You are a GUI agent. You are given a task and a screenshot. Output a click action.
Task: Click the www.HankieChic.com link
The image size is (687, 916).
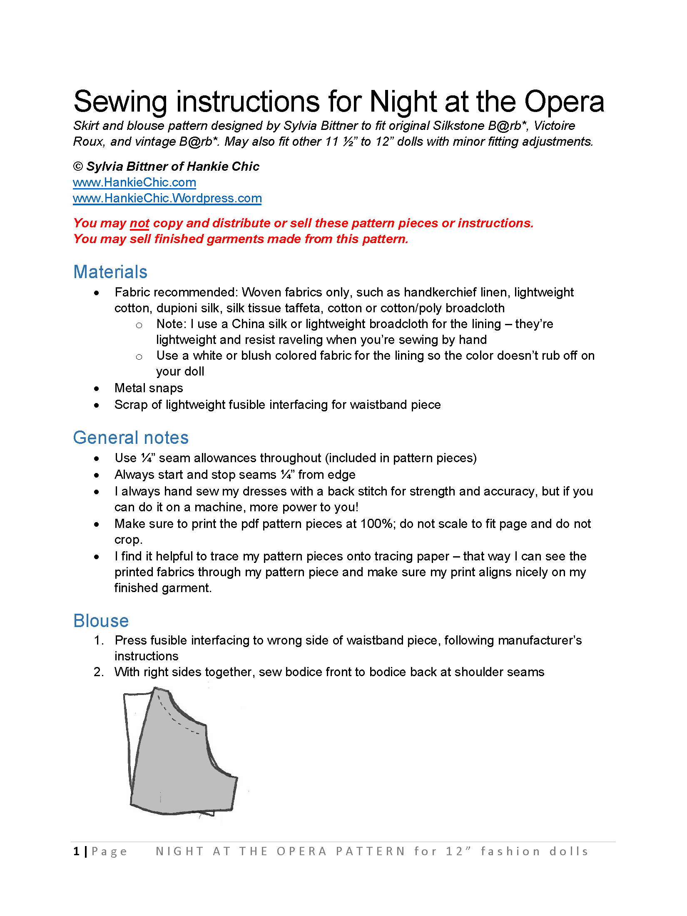click(134, 182)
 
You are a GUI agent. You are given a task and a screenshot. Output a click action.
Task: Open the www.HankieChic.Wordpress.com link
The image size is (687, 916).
click(167, 198)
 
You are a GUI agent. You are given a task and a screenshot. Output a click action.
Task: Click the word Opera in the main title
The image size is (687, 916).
click(564, 102)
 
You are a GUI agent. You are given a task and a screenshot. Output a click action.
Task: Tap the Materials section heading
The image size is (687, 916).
click(110, 272)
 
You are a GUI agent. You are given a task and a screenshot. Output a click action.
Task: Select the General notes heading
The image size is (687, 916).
click(131, 438)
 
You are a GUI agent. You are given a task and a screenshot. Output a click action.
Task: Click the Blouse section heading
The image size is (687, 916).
click(101, 621)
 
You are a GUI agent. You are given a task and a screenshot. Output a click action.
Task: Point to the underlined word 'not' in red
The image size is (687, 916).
click(139, 223)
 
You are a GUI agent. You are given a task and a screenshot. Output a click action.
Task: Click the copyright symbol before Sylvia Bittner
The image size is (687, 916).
click(78, 167)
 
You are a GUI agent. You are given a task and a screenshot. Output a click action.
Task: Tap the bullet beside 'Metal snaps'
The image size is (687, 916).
click(97, 389)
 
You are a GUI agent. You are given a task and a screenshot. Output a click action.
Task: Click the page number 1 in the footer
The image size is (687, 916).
click(77, 851)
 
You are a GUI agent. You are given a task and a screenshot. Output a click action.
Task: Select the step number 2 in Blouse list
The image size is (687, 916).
click(98, 672)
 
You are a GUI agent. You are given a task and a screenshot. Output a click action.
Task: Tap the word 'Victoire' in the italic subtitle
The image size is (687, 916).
click(554, 126)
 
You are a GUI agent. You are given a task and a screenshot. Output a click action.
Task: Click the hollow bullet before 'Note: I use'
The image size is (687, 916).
click(139, 325)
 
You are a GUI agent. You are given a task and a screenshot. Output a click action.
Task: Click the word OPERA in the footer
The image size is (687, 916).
click(302, 851)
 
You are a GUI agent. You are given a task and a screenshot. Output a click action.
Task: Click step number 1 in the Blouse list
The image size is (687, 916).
click(98, 640)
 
